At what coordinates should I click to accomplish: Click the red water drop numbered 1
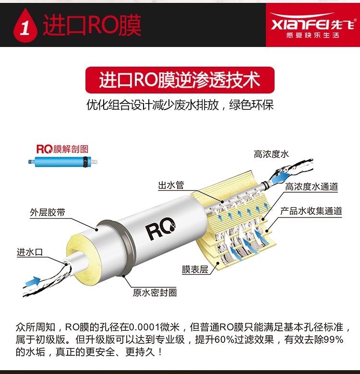point(25,26)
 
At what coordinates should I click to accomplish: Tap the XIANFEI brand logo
point(313,25)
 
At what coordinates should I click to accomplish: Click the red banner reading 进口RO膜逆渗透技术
point(180,80)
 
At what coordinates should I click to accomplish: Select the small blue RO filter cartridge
point(63,162)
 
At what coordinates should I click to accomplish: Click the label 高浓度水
point(271,154)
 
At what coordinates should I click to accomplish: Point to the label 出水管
point(171,185)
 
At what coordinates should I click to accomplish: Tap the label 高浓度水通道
point(312,187)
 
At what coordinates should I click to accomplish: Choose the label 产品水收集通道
point(311,211)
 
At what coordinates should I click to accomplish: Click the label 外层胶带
point(48,212)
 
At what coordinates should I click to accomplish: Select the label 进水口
point(30,252)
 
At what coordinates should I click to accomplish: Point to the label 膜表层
point(195,269)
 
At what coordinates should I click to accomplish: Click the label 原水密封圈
point(155,292)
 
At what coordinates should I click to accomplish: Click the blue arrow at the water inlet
point(33,281)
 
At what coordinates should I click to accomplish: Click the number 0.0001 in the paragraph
point(144,327)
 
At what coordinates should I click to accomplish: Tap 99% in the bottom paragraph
point(334,339)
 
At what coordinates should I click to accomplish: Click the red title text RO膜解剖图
point(62,149)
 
